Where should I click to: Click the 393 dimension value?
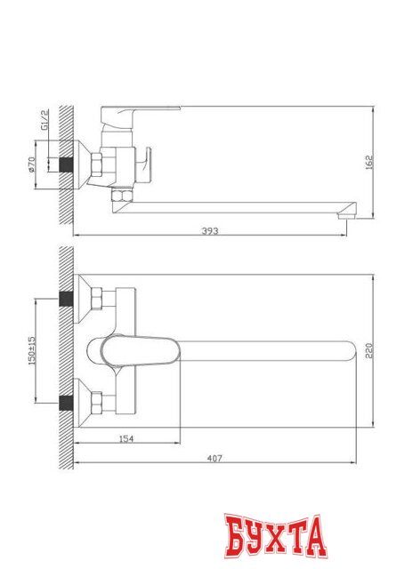coord(210,230)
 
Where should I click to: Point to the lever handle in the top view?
coord(134,350)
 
